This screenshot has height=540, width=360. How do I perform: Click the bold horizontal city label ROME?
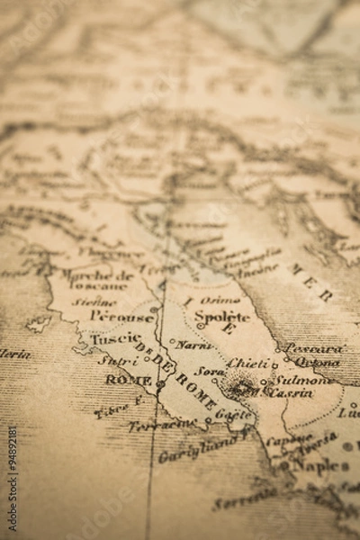(128, 380)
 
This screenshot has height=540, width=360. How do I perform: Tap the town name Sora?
(210, 371)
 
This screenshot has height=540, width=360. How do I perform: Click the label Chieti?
(248, 363)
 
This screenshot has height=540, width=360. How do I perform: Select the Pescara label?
(313, 348)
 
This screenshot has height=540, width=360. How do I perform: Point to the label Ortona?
(318, 362)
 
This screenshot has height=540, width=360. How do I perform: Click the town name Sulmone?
(302, 380)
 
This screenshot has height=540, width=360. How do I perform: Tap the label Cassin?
(292, 392)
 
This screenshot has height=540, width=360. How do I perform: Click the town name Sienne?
(94, 301)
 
